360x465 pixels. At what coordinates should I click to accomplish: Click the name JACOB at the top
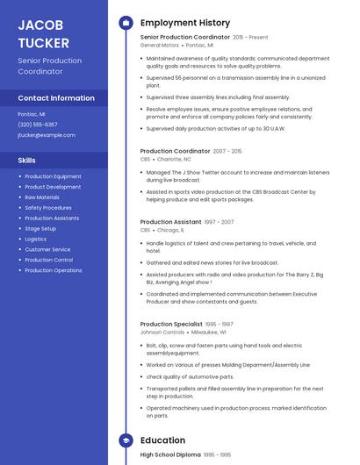tap(40, 25)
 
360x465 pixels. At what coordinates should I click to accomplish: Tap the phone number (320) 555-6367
tap(37, 125)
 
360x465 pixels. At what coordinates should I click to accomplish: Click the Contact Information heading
tap(56, 98)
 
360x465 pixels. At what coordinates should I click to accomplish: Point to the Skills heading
tap(27, 161)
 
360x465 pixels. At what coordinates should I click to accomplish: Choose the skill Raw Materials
tap(42, 197)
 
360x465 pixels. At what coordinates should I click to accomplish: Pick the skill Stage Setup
tap(40, 228)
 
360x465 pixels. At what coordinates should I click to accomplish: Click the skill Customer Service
tap(47, 249)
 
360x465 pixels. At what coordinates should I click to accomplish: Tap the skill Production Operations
tap(54, 270)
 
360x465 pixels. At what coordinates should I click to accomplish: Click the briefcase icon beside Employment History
tap(125, 23)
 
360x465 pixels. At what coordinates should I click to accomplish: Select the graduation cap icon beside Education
tap(125, 440)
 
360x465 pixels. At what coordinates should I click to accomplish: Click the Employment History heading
tap(185, 23)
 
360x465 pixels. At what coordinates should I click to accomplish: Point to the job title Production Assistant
tap(170, 222)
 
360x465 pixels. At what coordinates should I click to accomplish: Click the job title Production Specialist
tap(171, 325)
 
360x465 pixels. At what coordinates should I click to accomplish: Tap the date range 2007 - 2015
tap(227, 152)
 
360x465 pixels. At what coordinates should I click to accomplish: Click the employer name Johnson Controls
tap(162, 333)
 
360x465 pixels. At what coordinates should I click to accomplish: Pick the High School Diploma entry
tap(170, 454)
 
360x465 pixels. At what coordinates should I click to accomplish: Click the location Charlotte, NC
tap(174, 160)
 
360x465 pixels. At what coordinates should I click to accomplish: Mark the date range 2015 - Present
tap(251, 38)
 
